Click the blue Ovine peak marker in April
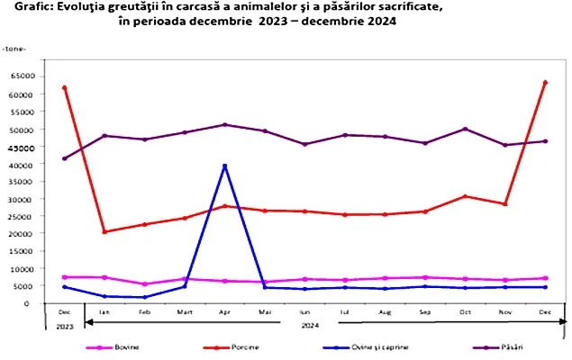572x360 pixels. [224, 166]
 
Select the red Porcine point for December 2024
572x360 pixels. [545, 83]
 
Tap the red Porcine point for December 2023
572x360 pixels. [64, 87]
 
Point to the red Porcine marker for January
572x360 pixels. [104, 232]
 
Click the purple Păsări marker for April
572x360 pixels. [224, 124]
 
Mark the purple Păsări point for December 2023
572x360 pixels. [64, 158]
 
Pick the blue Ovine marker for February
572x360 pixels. [144, 297]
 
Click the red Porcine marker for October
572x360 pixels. [465, 196]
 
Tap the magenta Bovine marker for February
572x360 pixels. [144, 284]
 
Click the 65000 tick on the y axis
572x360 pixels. [20, 76]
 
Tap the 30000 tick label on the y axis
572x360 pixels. [20, 199]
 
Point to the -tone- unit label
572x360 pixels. [14, 45]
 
